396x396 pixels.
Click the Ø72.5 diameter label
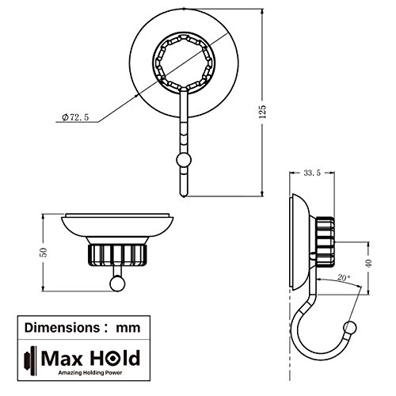pos(75,117)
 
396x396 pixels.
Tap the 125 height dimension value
pos(262,112)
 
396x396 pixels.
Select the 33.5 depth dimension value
pos(312,173)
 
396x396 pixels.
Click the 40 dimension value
pos(369,263)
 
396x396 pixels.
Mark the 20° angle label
pos(344,278)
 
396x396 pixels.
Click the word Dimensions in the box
pos(62,328)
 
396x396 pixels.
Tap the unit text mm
pos(128,329)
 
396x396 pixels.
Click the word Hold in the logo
pos(115,358)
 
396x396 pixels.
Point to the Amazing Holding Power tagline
pos(90,373)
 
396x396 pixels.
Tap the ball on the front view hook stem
pos(184,160)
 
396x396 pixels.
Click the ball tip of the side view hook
pos(350,328)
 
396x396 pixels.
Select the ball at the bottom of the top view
pos(117,284)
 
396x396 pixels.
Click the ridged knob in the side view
pos(325,242)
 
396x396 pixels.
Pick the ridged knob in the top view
pos(117,255)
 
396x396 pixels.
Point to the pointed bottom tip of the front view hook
pos(184,196)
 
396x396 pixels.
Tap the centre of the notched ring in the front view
pos(184,63)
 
